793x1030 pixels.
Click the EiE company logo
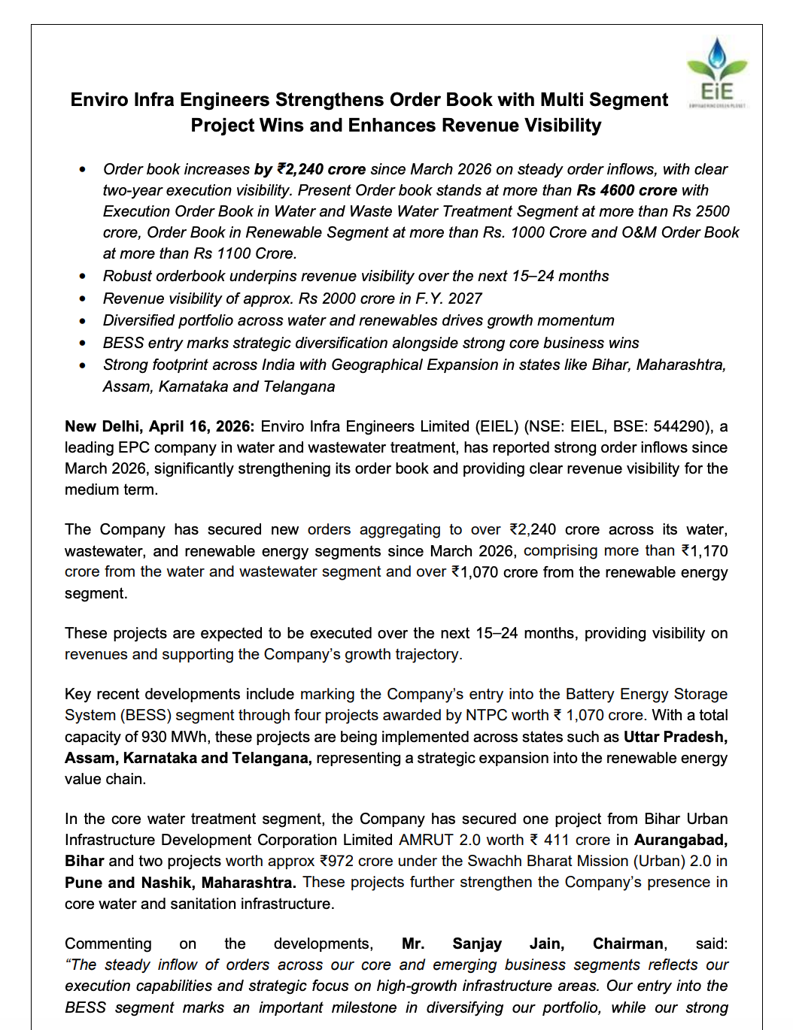pos(717,73)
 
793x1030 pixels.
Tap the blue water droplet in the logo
pos(717,52)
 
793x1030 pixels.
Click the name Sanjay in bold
pos(477,944)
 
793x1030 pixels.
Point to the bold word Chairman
pos(628,944)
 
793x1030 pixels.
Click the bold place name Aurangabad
pos(680,840)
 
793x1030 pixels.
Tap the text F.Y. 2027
pos(448,298)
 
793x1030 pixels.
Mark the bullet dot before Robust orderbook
pos(83,277)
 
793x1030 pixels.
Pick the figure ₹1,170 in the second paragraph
pos(704,551)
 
